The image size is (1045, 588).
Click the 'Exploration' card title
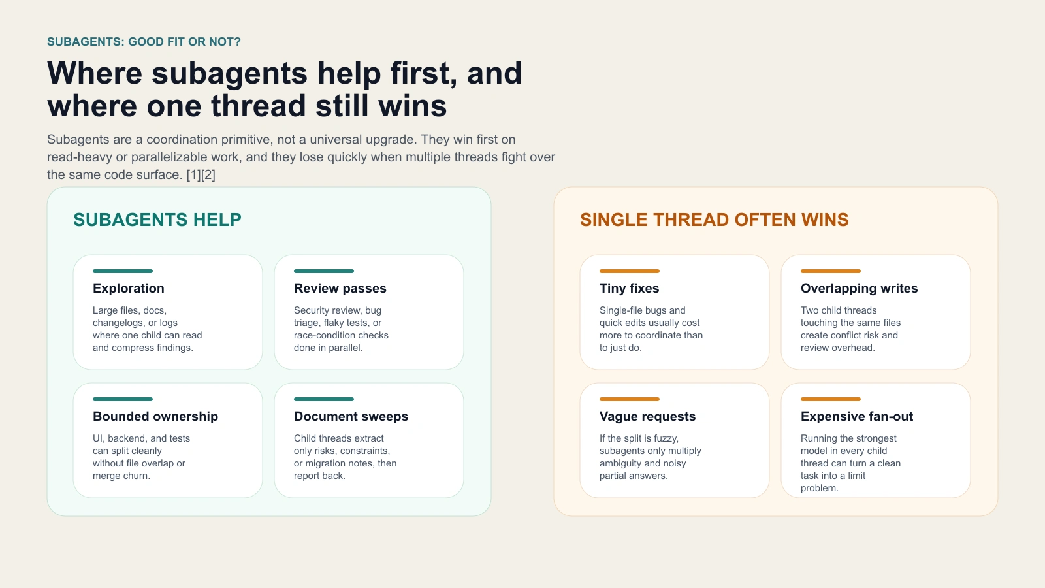[x=129, y=288]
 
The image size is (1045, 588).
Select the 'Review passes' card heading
[x=340, y=288]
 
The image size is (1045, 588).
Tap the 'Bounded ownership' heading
[x=155, y=416]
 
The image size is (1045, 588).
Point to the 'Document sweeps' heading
[x=351, y=416]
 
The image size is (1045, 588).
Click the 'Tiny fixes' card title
[x=629, y=288]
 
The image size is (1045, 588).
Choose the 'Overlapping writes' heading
[x=859, y=288]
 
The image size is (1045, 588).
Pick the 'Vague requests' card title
[x=647, y=416]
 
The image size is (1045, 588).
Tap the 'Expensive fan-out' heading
[x=856, y=416]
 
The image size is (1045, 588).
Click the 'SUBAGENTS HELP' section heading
[x=157, y=220]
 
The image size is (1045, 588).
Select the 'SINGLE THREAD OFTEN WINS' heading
[x=714, y=220]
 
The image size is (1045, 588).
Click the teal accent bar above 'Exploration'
[x=123, y=271]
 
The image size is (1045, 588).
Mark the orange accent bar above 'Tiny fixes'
[x=630, y=271]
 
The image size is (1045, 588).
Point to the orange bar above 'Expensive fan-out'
[x=831, y=399]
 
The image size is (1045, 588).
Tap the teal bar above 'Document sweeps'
[x=324, y=399]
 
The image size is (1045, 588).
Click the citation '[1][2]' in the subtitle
[x=201, y=174]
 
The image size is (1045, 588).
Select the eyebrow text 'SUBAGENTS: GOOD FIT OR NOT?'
[x=144, y=42]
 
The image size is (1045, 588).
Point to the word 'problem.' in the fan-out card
[x=819, y=488]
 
